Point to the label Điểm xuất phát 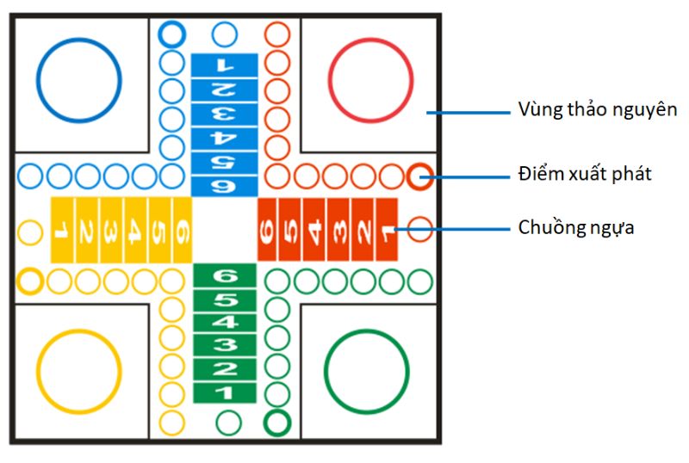click(x=585, y=174)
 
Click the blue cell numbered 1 click(x=224, y=65)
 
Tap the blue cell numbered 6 click(x=224, y=183)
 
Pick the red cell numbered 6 click(x=269, y=230)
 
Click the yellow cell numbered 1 click(x=62, y=230)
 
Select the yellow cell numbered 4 click(x=135, y=230)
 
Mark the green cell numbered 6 click(x=224, y=276)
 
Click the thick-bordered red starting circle click(x=419, y=176)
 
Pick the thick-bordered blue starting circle click(x=172, y=34)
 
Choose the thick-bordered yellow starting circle click(x=30, y=281)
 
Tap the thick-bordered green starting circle click(x=276, y=423)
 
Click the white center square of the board click(x=224, y=230)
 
